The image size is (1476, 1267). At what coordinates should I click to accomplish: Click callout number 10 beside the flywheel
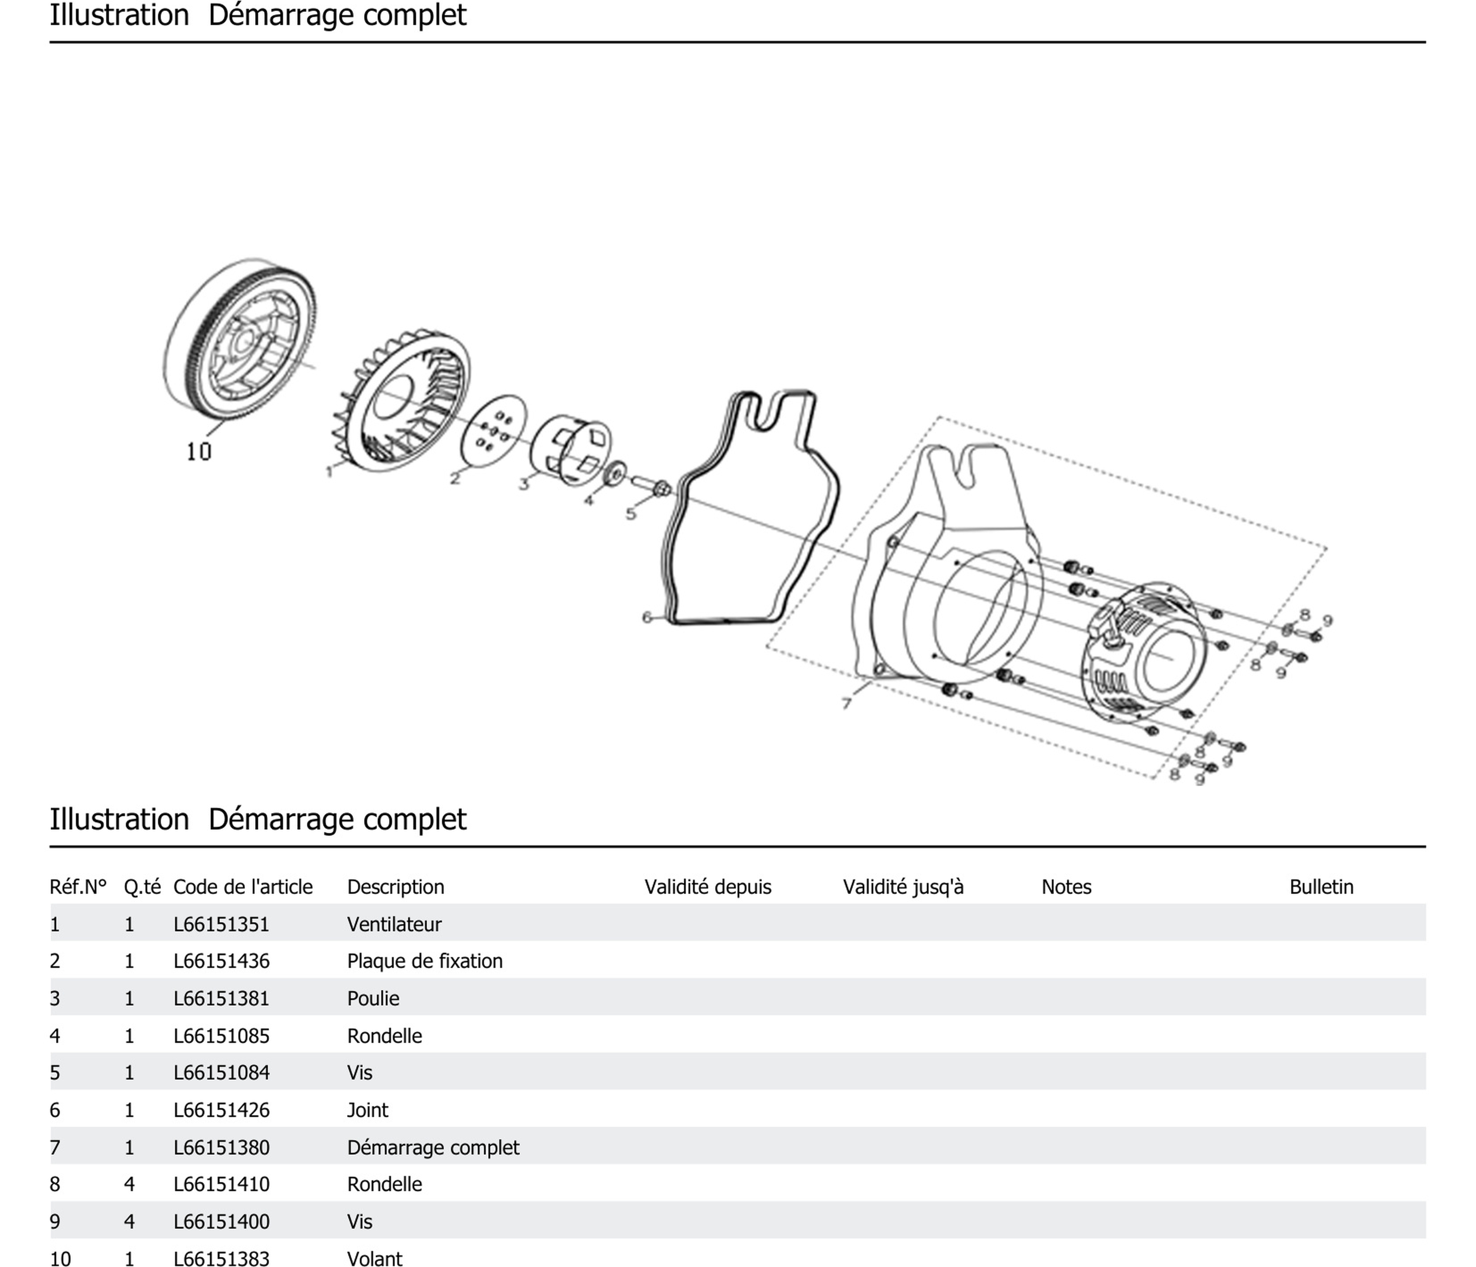[199, 451]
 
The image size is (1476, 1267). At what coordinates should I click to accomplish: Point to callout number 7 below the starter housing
[846, 704]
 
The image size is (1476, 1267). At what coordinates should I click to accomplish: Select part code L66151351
[221, 925]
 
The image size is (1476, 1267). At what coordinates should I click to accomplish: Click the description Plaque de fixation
[425, 962]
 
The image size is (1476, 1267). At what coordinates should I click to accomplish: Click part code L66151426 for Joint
[221, 1110]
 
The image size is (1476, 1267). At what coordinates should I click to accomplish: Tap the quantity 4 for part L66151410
[129, 1184]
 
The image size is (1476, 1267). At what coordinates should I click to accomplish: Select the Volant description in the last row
[375, 1259]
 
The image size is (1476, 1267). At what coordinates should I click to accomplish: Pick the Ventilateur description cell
[394, 925]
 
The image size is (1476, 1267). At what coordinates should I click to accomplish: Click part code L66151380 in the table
[221, 1147]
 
